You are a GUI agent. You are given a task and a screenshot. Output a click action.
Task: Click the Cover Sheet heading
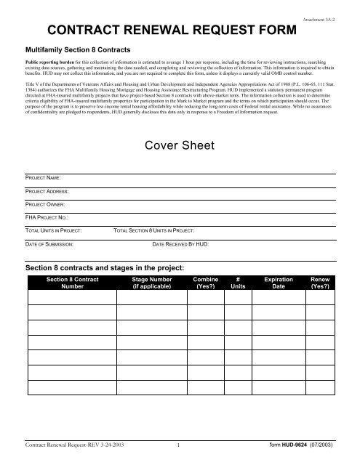tap(179, 145)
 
